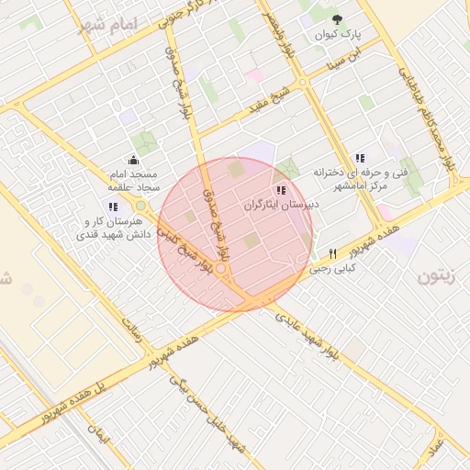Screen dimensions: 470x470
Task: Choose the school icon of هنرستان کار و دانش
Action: point(113,207)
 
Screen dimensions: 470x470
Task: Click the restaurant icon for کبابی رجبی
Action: point(332,253)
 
